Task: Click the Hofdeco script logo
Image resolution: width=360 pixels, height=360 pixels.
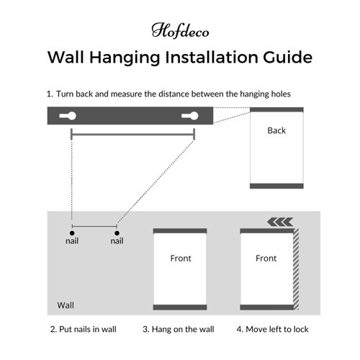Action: pos(180,30)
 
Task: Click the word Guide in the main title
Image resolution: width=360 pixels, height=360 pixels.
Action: pos(287,57)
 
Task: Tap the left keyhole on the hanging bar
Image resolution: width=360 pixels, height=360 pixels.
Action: pos(68,116)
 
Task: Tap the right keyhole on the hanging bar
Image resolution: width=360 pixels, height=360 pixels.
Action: pos(190,116)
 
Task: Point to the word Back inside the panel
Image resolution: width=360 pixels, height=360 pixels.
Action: pos(276,130)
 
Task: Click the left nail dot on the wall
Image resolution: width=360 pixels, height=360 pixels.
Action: pos(72,233)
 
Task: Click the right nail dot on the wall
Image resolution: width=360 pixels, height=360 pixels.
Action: pos(117,233)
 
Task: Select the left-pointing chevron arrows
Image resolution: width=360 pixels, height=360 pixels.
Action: pos(280,222)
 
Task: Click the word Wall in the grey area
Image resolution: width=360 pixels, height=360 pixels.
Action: pos(66,305)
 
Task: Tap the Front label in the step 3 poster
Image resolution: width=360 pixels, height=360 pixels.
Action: pos(181,258)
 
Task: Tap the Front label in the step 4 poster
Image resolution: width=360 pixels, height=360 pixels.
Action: pos(266,258)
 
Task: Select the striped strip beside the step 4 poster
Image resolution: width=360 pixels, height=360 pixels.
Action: pos(296,269)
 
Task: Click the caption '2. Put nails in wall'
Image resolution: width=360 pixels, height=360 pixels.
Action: pos(84,329)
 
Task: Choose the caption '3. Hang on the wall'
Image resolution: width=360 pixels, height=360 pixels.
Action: pos(179,329)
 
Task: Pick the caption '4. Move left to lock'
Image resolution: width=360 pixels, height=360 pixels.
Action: pos(273,329)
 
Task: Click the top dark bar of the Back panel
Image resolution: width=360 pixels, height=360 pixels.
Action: pos(276,109)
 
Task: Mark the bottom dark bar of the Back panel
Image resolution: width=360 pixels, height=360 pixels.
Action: pos(276,186)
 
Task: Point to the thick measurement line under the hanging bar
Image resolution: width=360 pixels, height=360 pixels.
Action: pos(133,135)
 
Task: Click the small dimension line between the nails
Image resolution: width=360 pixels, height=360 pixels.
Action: pos(94,226)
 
